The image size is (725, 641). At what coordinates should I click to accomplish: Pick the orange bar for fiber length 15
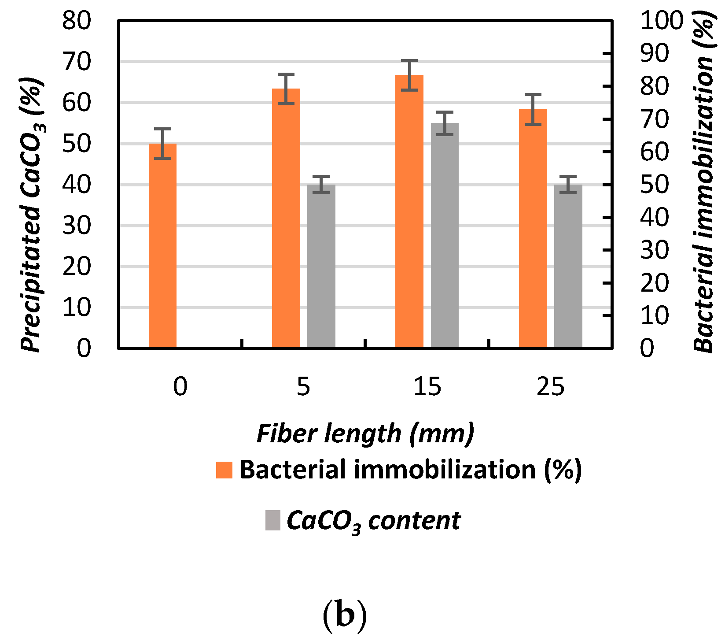click(x=409, y=211)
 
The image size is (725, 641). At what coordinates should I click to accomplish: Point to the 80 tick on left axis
click(x=77, y=20)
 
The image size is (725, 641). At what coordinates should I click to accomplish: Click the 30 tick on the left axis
click(x=77, y=226)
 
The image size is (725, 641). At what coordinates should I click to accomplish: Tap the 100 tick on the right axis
click(x=662, y=20)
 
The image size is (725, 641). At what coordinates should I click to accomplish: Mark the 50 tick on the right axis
click(x=655, y=185)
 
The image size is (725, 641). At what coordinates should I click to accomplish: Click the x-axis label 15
click(x=427, y=387)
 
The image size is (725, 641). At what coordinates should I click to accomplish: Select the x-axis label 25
click(x=550, y=387)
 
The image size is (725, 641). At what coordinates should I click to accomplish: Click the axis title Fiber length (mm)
click(x=365, y=434)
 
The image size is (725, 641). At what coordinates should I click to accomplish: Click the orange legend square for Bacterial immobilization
click(x=224, y=470)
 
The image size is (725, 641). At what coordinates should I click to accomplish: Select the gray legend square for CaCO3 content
click(x=273, y=520)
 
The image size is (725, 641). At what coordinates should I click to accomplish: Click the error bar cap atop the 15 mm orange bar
click(x=409, y=61)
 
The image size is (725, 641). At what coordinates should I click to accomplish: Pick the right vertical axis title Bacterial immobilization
click(x=704, y=185)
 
